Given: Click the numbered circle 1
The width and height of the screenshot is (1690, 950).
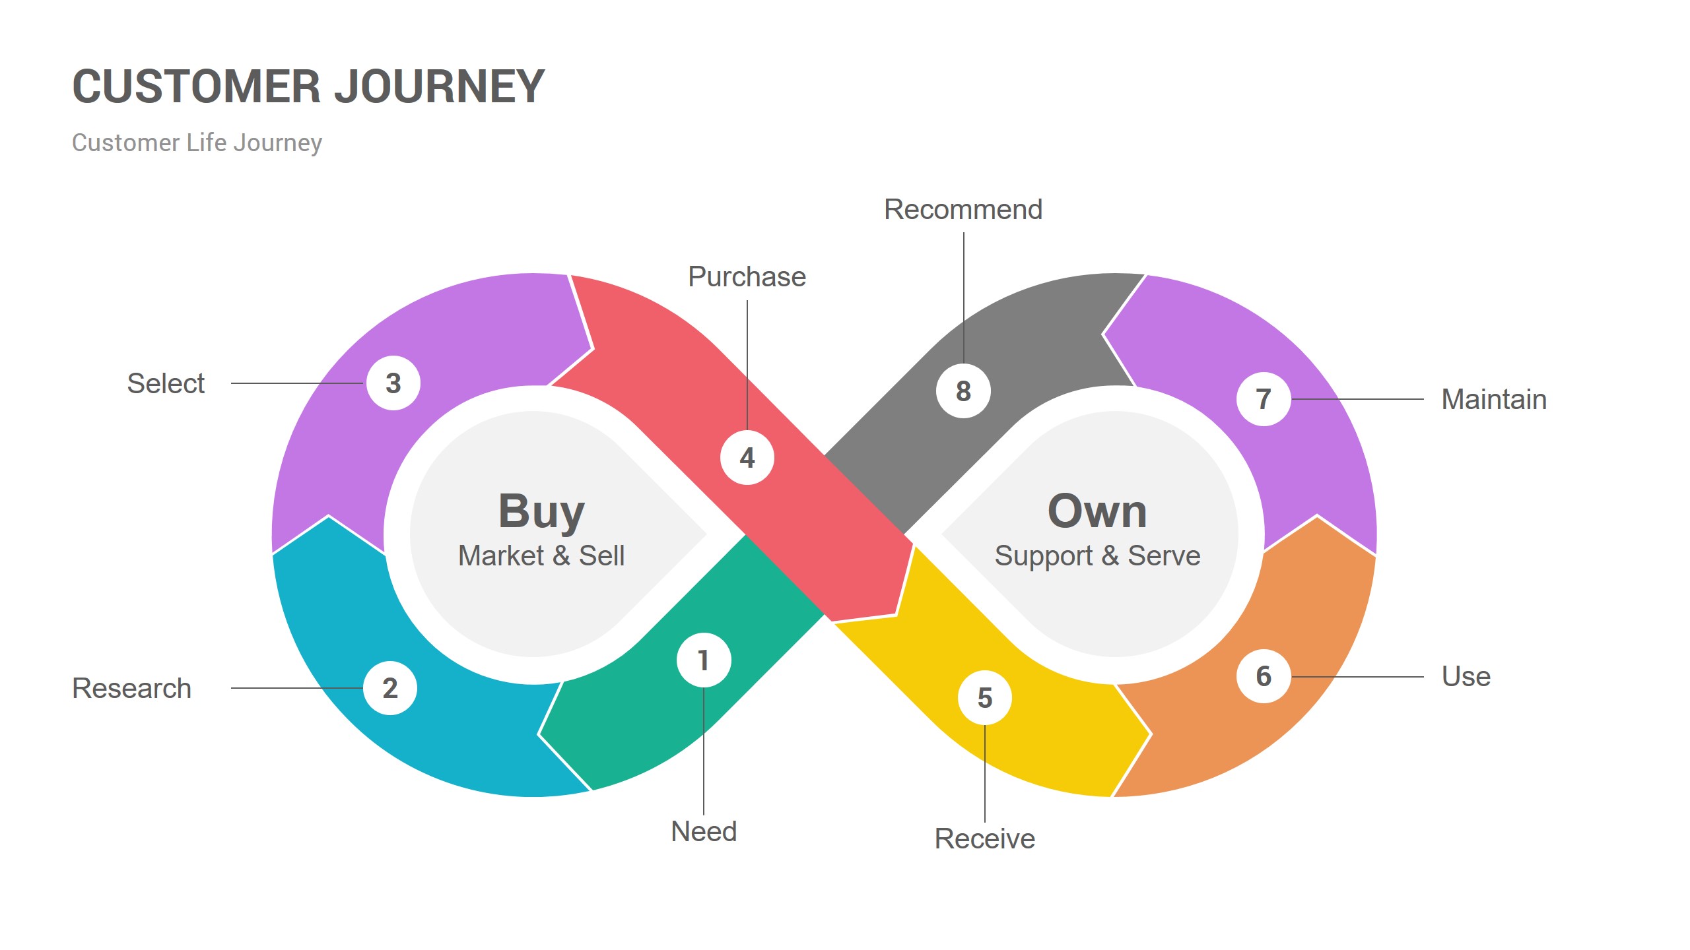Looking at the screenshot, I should (x=704, y=660).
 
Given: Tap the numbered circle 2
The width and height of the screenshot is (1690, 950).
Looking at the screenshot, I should (x=390, y=688).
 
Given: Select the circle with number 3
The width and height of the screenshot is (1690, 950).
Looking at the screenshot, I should (x=393, y=383).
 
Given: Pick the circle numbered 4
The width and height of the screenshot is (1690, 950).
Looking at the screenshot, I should (x=747, y=458).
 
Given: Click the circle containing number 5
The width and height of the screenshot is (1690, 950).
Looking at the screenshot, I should (x=985, y=697).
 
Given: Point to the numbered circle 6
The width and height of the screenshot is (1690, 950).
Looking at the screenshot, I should (x=1264, y=676).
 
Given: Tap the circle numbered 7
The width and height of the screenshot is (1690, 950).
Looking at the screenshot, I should (x=1264, y=399).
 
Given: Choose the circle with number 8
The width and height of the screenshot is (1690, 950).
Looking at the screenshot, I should (x=963, y=391).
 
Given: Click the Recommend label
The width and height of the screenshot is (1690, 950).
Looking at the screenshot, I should (x=963, y=210).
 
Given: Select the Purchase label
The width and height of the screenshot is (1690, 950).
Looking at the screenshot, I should (x=747, y=277).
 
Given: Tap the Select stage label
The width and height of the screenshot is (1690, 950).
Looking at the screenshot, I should (x=166, y=383).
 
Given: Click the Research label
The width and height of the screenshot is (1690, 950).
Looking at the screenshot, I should (x=132, y=688).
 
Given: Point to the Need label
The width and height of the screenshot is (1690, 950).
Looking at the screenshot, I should (x=704, y=831).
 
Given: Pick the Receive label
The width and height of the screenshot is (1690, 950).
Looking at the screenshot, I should (x=985, y=839).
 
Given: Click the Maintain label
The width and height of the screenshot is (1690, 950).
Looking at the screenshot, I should (x=1494, y=399).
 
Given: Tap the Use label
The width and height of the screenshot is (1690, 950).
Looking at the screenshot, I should (x=1466, y=676).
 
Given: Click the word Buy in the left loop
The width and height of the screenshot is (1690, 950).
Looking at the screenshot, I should (x=541, y=511).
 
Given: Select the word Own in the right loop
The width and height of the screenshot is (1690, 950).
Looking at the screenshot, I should (x=1097, y=511).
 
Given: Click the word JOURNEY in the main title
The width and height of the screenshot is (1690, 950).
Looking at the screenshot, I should (x=440, y=86).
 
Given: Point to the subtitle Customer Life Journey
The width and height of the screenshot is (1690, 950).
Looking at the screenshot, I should (x=197, y=142).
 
